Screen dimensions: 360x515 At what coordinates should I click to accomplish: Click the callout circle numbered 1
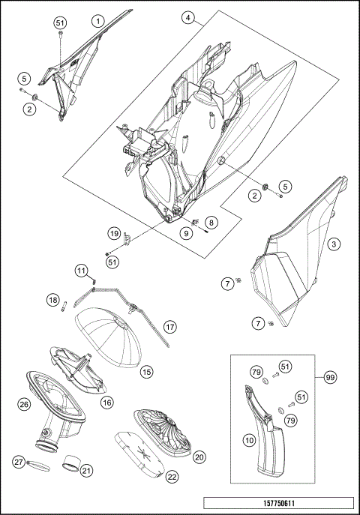point(98,21)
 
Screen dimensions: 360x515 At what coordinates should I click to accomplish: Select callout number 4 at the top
point(187,17)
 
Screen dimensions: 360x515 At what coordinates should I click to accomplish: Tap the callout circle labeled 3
point(334,244)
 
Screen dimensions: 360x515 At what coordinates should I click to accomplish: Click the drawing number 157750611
point(279,503)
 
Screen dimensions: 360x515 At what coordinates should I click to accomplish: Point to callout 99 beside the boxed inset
point(330,377)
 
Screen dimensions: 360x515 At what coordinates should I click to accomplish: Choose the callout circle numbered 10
point(249,440)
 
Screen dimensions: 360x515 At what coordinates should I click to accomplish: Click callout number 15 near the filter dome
point(146,372)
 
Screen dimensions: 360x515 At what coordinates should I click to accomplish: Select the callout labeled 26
point(24,404)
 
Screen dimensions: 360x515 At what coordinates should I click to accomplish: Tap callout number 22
point(172,477)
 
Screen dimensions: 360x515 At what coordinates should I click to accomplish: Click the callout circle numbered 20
point(199,457)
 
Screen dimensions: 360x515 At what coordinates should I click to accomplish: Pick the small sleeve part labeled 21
point(71,462)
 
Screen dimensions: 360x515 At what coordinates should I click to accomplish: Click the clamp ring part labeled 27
point(39,466)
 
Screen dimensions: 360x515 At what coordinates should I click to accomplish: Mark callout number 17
point(169,327)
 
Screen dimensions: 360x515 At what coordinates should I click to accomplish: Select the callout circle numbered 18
point(53,300)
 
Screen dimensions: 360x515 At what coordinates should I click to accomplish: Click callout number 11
point(81,271)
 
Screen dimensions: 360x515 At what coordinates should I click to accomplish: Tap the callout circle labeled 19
point(114,234)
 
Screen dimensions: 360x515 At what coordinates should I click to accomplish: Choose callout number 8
point(211,223)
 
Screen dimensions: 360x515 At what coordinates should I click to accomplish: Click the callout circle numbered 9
point(186,233)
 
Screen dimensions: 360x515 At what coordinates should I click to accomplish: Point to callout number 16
point(107,403)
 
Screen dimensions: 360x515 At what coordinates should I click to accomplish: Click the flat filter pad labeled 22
point(139,454)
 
